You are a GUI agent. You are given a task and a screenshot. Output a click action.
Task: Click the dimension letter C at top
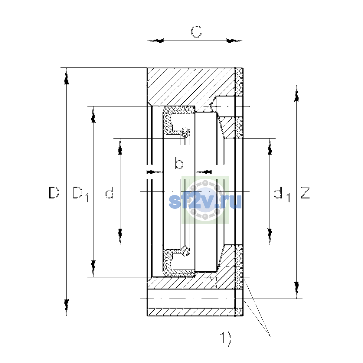[196, 31]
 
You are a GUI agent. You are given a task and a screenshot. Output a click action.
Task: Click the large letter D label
[54, 192]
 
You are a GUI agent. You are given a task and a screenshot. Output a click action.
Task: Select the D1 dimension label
[80, 194]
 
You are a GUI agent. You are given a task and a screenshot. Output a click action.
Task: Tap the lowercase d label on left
[110, 192]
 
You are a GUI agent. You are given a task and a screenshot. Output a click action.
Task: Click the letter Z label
[305, 192]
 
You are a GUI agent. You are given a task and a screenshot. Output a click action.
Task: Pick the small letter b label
[179, 163]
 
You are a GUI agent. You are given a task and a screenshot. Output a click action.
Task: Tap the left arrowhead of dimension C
[155, 41]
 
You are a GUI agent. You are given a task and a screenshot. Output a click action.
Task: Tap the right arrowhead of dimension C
[234, 41]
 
